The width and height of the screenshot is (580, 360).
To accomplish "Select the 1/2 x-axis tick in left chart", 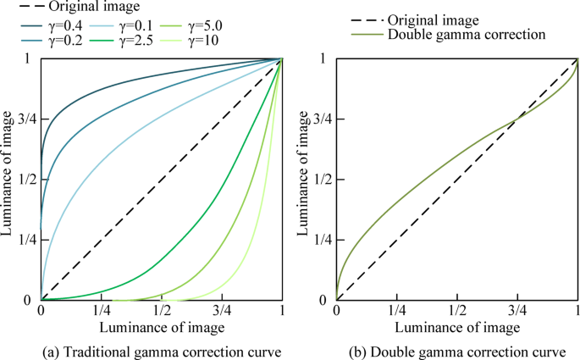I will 162,312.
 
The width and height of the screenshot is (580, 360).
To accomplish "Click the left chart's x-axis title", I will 162,327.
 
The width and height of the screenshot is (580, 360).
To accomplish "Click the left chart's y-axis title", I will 7,180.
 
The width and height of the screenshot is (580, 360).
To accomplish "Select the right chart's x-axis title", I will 457,327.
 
